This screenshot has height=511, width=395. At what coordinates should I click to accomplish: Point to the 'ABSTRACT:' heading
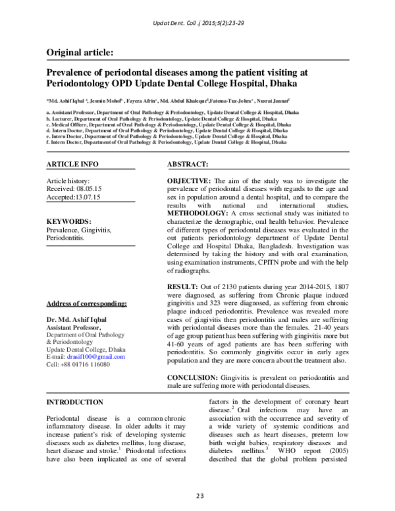click(188, 163)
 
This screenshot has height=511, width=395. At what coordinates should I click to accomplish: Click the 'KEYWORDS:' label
click(68, 222)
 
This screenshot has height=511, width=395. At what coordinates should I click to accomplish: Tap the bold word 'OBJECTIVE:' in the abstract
click(189, 180)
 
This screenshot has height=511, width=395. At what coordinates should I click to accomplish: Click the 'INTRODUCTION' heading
click(74, 402)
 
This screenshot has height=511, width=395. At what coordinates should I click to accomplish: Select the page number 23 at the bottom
click(197, 495)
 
